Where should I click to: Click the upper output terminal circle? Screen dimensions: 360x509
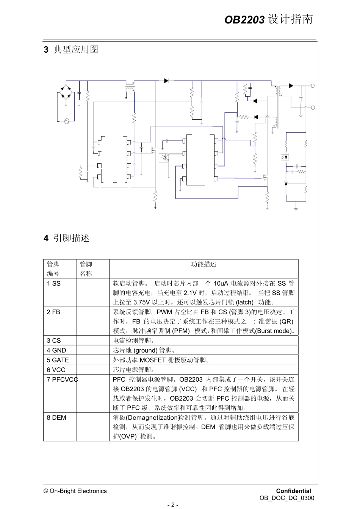[313, 86]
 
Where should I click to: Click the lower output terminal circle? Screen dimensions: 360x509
[313, 108]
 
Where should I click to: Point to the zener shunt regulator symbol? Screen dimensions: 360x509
[286, 183]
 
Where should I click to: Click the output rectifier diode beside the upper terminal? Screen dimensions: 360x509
[291, 86]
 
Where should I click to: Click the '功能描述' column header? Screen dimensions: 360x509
[203, 264]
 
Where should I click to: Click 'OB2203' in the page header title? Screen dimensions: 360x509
[244, 20]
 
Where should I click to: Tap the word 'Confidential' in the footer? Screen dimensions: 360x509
[293, 491]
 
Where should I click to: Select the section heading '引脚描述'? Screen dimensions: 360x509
[71, 238]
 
